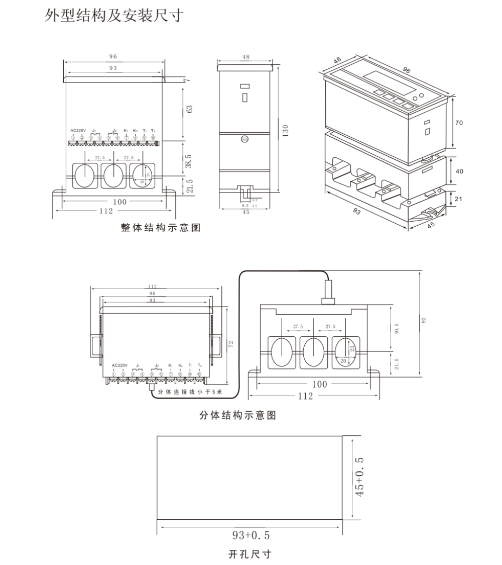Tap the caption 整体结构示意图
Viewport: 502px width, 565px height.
[x=161, y=228]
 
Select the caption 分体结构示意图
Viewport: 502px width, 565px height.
[x=237, y=416]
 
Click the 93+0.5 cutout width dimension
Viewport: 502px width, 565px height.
[x=250, y=534]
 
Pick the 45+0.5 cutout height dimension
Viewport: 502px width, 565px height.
[x=359, y=477]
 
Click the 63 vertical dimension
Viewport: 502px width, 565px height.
[x=189, y=109]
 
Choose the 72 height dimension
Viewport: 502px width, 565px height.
[x=231, y=344]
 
